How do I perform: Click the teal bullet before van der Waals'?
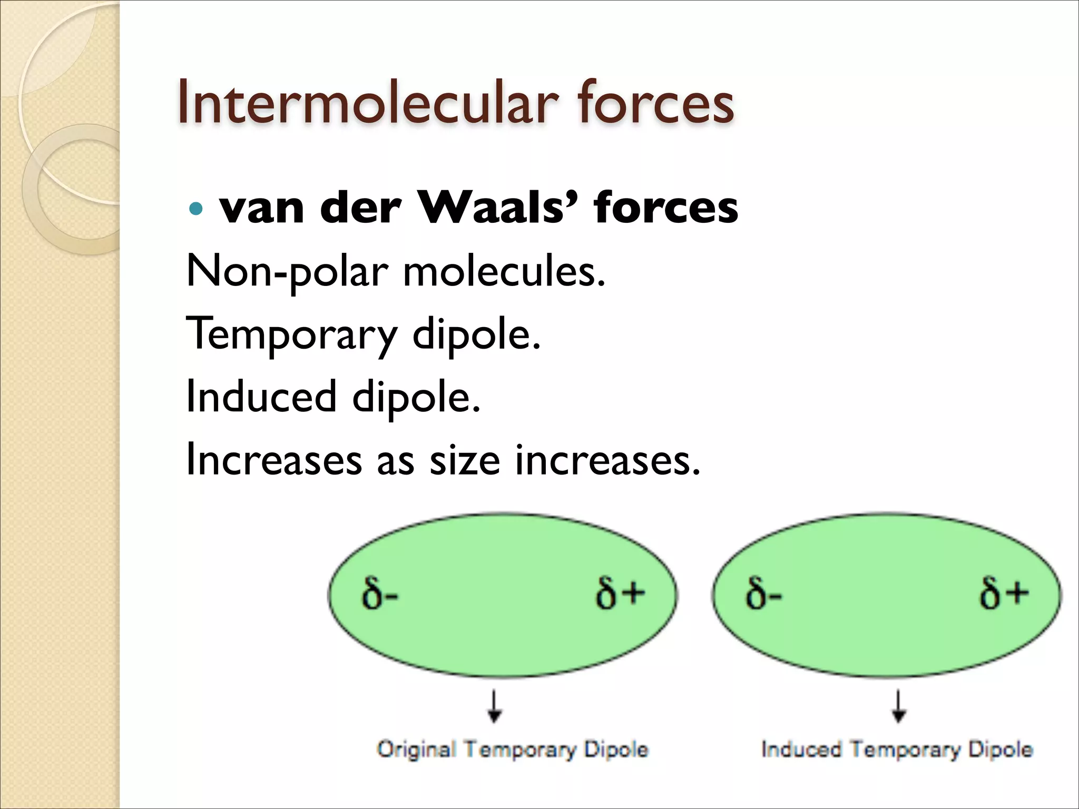tap(195, 209)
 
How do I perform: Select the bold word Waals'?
tap(497, 208)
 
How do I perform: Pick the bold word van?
tap(262, 209)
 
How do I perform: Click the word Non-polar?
tap(287, 272)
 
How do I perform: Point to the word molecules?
tap(504, 272)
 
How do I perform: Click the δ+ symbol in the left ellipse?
tap(620, 594)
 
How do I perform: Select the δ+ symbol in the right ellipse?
tap(1004, 594)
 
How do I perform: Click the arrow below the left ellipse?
tap(494, 705)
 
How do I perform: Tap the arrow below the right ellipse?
tap(899, 705)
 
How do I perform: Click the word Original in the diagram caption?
tap(416, 749)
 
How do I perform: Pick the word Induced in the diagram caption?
tap(801, 749)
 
